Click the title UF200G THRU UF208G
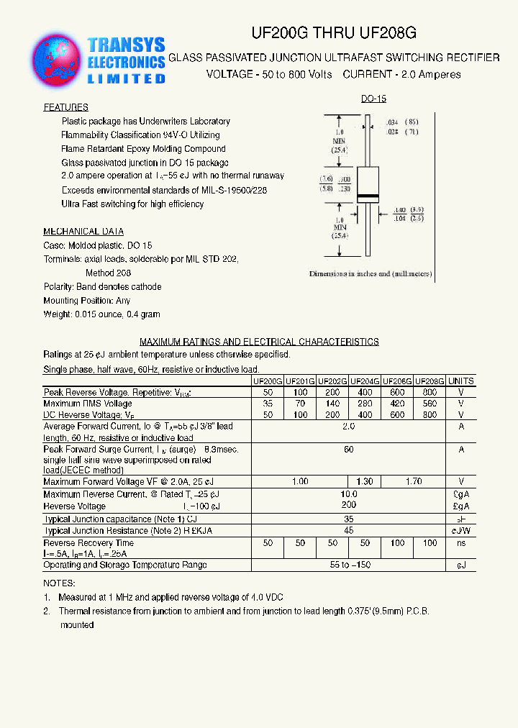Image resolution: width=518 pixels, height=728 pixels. tap(333, 33)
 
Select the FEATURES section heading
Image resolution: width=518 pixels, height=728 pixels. tap(66, 107)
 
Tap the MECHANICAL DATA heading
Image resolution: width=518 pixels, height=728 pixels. tap(83, 232)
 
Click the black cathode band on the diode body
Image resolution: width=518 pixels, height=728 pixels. tap(367, 197)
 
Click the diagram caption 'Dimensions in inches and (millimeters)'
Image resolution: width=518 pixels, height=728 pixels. tap(369, 274)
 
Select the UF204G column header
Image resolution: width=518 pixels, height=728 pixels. tap(365, 381)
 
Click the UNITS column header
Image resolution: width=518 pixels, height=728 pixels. tap(461, 381)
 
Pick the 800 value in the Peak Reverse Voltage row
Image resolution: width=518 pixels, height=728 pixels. tap(430, 392)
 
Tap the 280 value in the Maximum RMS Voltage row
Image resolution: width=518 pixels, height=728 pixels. tap(365, 404)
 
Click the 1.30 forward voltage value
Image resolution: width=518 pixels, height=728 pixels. tap(365, 481)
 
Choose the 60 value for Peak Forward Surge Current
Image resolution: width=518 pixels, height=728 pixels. tap(349, 449)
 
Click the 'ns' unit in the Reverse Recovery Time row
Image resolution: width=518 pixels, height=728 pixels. tap(461, 543)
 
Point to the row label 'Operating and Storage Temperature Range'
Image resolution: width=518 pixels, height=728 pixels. tap(125, 565)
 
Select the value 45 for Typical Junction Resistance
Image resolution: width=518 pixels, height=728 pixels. tap(349, 530)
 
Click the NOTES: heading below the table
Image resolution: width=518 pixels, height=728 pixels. tap(59, 583)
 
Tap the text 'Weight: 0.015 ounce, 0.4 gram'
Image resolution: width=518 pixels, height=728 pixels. tap(101, 314)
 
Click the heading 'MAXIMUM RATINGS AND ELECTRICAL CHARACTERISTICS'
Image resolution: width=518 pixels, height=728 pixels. tap(259, 342)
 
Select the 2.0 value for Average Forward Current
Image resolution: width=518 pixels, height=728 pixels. tap(349, 427)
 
